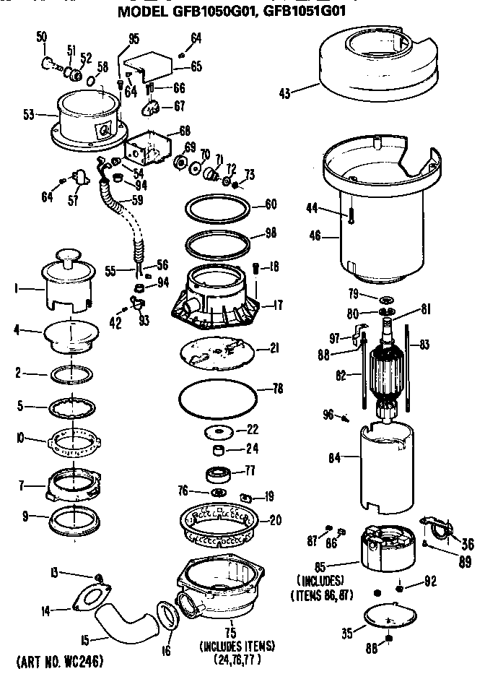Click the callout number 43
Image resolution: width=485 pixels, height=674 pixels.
pyautogui.click(x=285, y=92)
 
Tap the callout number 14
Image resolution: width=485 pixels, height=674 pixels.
pyautogui.click(x=45, y=610)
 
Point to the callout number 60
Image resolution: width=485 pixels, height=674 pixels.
pyautogui.click(x=271, y=204)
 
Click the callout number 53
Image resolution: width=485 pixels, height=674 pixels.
pyautogui.click(x=30, y=113)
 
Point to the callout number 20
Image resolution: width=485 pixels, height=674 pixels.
pyautogui.click(x=276, y=520)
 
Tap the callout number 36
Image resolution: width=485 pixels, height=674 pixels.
pyautogui.click(x=467, y=544)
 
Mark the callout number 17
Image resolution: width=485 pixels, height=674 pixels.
pyautogui.click(x=276, y=306)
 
